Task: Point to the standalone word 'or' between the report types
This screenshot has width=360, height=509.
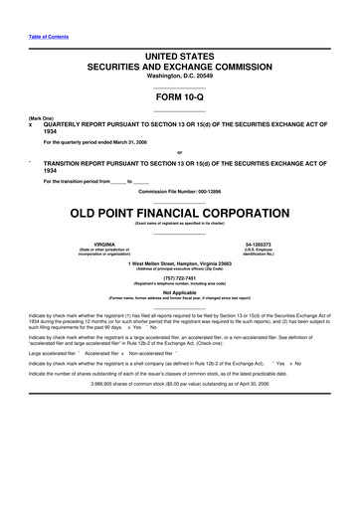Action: point(180,152)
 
